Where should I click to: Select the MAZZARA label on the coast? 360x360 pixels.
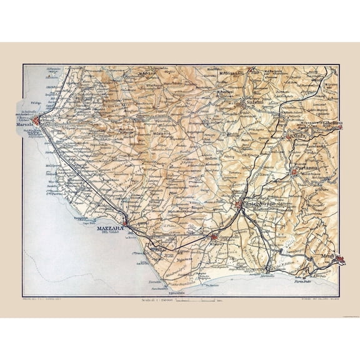coord(111,228)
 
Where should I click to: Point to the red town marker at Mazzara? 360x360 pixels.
coord(125,222)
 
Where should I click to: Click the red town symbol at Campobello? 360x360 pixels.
coord(214,237)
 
